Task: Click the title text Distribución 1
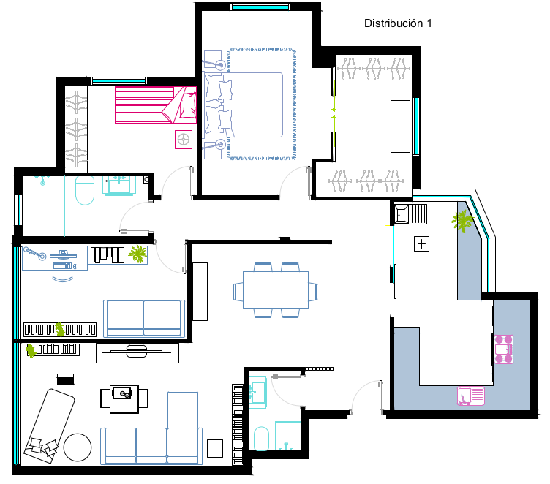398,23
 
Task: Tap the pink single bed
156,105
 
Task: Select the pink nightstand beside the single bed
184,140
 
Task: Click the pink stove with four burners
504,349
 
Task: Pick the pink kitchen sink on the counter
471,396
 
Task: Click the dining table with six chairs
275,290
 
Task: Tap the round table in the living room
78,447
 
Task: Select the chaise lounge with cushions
49,426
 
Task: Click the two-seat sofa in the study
144,319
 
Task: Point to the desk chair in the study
63,276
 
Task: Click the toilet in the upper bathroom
85,190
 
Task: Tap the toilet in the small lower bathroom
261,439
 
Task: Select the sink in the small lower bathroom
257,392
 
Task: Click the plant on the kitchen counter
463,221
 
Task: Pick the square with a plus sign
421,243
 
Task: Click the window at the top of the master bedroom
260,7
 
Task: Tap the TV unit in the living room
137,353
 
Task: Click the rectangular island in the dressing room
400,126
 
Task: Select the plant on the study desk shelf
137,253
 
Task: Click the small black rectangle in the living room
66,379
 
